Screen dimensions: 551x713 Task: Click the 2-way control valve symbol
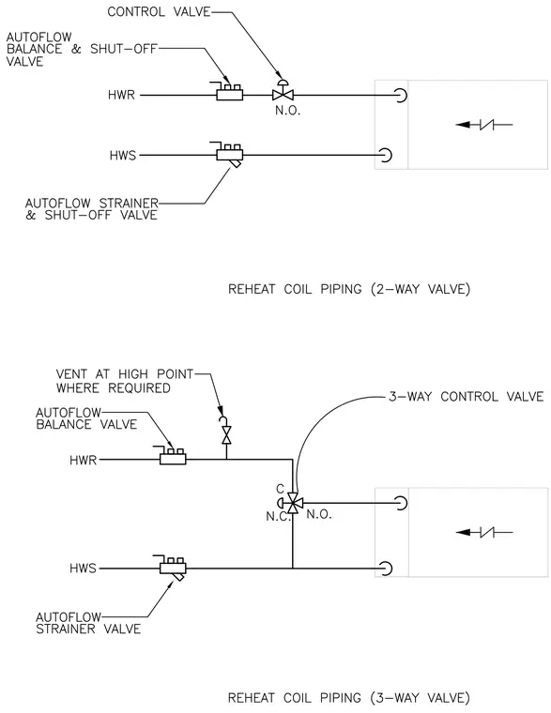click(x=283, y=91)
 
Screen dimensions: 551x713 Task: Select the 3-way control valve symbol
click(x=292, y=503)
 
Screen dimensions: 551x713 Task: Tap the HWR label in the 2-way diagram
click(x=121, y=95)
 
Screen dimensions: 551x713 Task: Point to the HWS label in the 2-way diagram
click(x=123, y=156)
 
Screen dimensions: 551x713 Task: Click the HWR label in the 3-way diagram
click(x=84, y=461)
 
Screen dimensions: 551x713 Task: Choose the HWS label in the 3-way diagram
click(x=83, y=569)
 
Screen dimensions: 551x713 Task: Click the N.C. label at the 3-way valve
click(x=278, y=517)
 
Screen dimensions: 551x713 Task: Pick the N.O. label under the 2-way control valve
click(x=287, y=111)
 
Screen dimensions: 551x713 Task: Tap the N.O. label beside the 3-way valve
click(x=318, y=514)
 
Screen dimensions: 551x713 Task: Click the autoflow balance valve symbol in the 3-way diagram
click(x=173, y=456)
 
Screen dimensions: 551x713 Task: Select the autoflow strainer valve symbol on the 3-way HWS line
click(x=173, y=568)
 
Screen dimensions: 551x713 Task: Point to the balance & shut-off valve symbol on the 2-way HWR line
click(x=229, y=91)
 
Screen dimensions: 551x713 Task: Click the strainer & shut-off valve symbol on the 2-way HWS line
click(x=229, y=155)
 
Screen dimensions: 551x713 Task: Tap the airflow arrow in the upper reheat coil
click(x=484, y=124)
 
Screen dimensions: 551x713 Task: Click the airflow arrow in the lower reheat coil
click(x=484, y=532)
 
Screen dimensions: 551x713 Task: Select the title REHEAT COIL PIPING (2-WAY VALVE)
click(x=349, y=289)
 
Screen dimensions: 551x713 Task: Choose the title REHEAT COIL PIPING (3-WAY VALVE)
click(x=348, y=698)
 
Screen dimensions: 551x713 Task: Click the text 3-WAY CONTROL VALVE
click(x=467, y=397)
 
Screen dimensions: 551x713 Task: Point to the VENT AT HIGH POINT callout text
click(x=125, y=381)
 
